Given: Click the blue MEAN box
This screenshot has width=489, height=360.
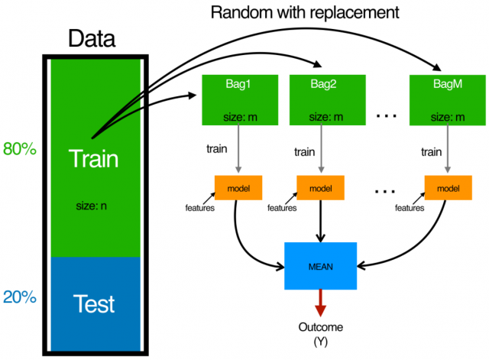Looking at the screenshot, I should pyautogui.click(x=320, y=266).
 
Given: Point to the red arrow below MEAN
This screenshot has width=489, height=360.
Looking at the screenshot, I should pyautogui.click(x=320, y=302).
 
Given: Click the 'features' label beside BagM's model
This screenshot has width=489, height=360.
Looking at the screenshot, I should pyautogui.click(x=409, y=207).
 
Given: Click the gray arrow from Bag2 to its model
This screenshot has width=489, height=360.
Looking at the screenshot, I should pyautogui.click(x=320, y=150).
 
